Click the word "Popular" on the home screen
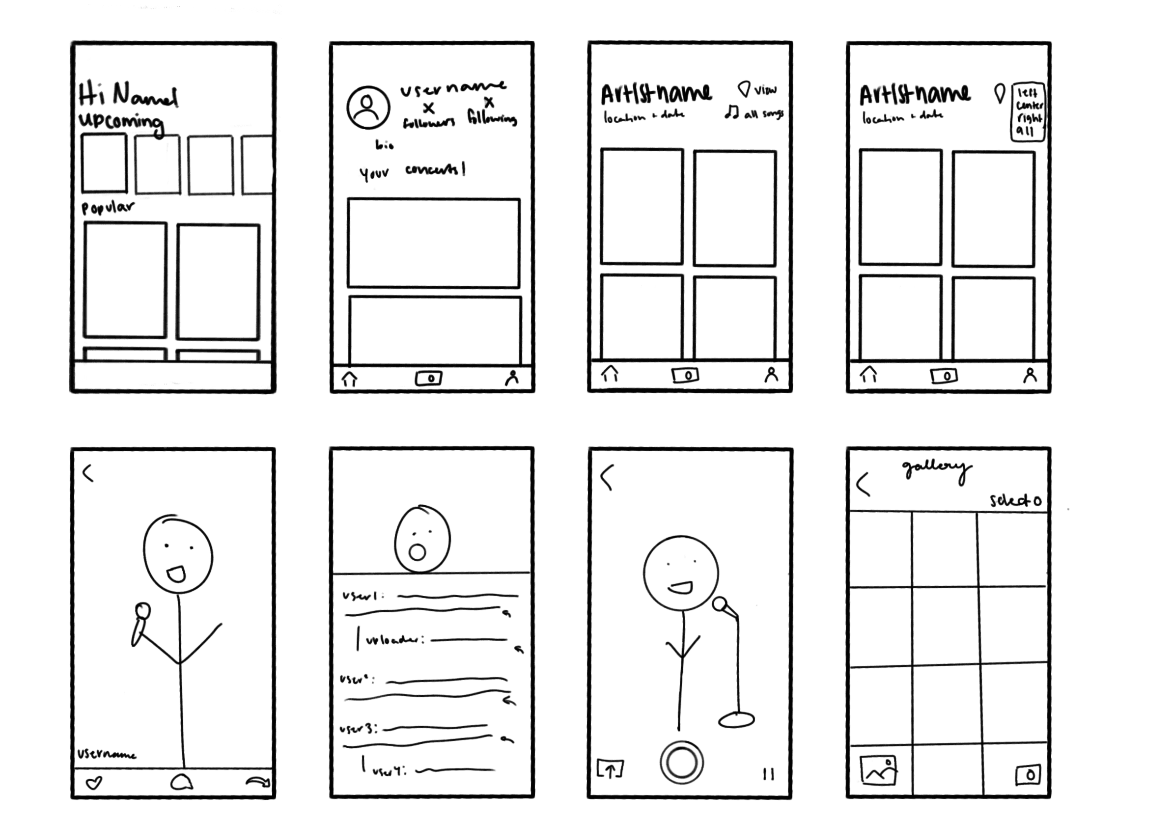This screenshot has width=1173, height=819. [108, 207]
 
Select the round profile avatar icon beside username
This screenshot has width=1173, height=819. [368, 108]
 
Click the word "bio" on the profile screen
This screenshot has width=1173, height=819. [384, 145]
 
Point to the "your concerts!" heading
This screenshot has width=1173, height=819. [412, 171]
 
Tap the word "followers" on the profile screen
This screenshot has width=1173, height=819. [429, 123]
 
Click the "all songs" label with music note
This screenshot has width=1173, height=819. [754, 113]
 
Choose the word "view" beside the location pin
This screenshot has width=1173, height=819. [765, 90]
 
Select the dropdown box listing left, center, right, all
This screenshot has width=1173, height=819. [1028, 112]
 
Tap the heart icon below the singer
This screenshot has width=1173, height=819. [94, 783]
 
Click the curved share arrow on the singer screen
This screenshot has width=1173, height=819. [258, 782]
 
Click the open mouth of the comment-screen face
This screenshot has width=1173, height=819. [418, 552]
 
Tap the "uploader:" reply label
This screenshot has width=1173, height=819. [394, 640]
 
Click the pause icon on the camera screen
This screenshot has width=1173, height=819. [768, 774]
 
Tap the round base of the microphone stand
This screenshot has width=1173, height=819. [736, 720]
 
